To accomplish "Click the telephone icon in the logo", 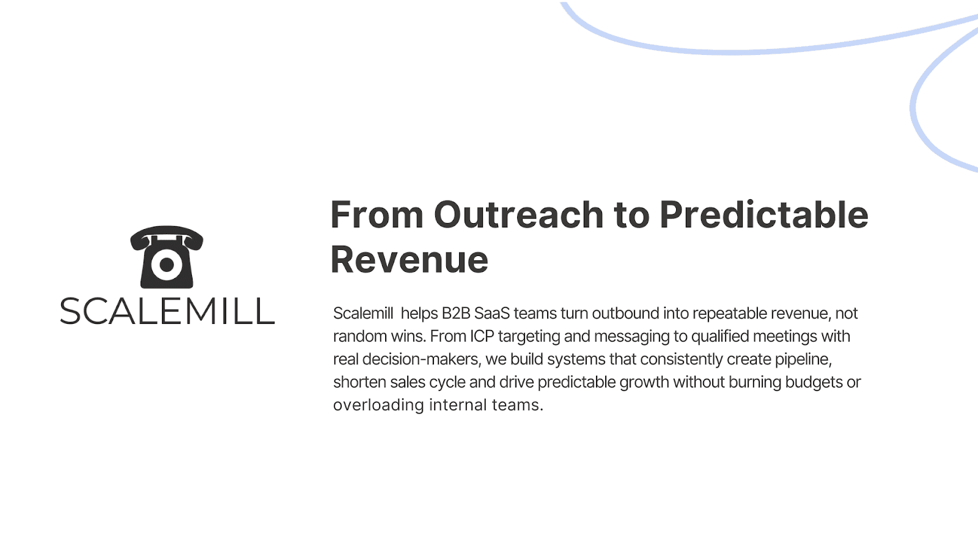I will tap(167, 257).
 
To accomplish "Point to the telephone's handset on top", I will tap(166, 235).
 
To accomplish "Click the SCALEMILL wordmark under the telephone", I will tap(167, 311).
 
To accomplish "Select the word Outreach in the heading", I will tap(519, 215).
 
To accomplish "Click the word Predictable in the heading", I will tap(763, 215).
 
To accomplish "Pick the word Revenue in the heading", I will tap(409, 260).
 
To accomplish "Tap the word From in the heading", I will tap(377, 215).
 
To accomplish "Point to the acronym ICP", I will tap(482, 336).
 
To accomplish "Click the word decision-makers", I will tap(421, 359).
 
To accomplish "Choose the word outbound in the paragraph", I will tap(625, 313).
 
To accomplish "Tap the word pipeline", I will tap(803, 359).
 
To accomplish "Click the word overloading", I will tap(378, 405).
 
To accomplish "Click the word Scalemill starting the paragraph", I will tap(363, 313).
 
